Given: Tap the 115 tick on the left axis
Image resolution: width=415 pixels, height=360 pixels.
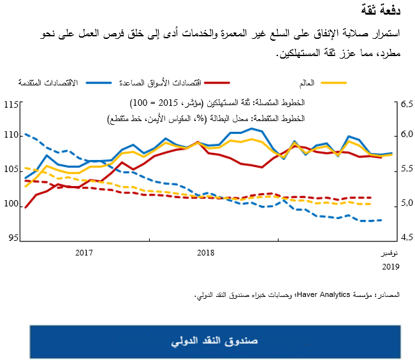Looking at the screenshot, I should (x=11, y=103).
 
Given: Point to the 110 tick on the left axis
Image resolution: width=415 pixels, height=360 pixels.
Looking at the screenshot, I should (x=11, y=136).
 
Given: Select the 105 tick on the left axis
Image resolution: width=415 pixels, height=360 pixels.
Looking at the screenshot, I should (x=11, y=169).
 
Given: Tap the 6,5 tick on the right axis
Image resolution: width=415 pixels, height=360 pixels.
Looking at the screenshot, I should (x=406, y=103).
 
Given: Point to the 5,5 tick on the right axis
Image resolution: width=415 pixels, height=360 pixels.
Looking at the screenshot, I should (x=406, y=169).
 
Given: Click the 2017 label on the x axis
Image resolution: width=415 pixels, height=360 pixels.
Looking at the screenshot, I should (x=84, y=252).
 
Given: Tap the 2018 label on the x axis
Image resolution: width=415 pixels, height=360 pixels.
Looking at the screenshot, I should (x=205, y=252).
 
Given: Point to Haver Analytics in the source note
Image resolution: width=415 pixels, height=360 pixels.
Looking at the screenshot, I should (x=326, y=295).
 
